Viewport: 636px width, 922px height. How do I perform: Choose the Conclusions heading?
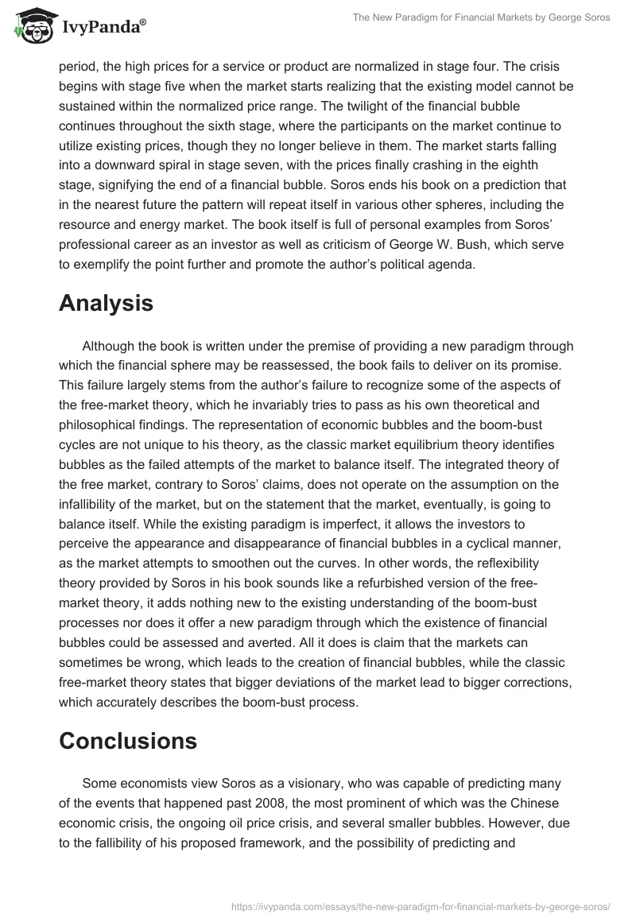pos(128,741)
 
